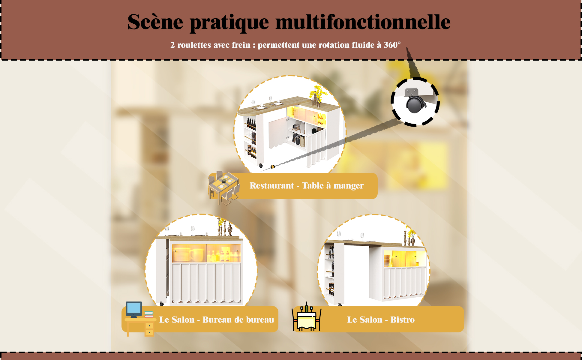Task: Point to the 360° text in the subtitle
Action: (392, 45)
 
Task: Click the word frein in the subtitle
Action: (239, 45)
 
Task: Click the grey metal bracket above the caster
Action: (411, 92)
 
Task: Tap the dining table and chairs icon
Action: (224, 187)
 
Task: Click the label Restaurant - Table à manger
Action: (307, 186)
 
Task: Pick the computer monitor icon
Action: (134, 310)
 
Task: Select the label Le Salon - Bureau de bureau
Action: (217, 320)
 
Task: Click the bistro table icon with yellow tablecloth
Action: (306, 317)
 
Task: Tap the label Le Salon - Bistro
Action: (381, 320)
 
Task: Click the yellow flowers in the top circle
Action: (317, 92)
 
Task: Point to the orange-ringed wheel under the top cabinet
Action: (272, 166)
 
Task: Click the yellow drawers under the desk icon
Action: (149, 329)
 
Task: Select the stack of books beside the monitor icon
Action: (149, 315)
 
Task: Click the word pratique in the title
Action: (229, 22)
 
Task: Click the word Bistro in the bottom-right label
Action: (402, 320)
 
